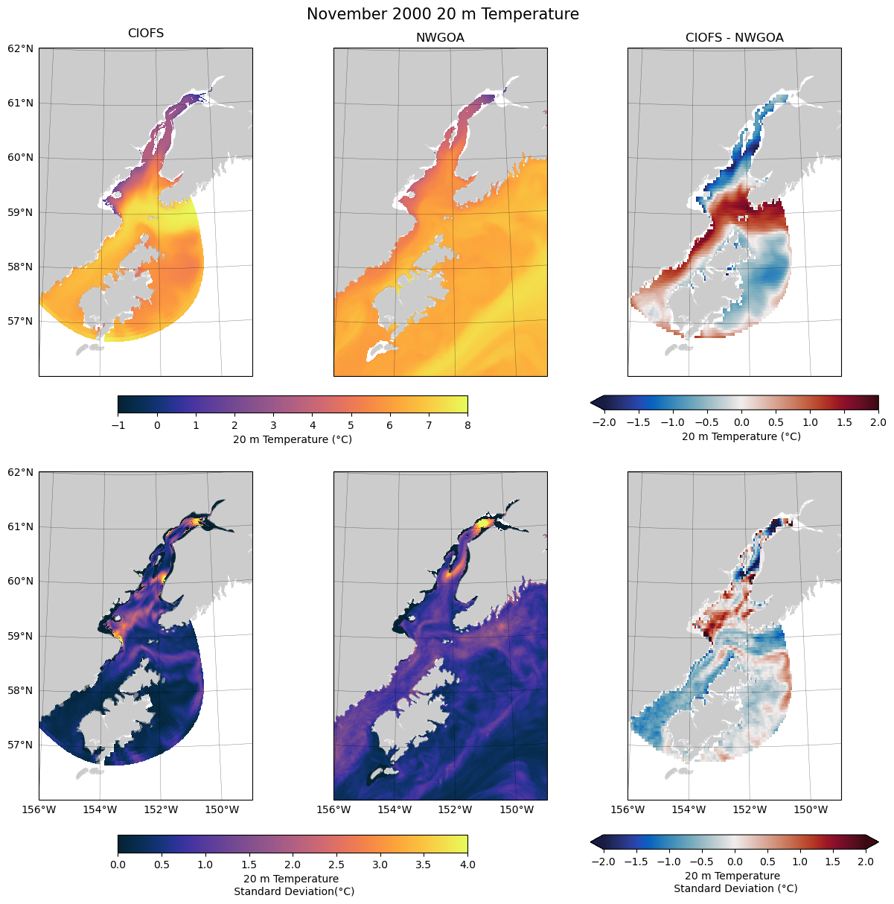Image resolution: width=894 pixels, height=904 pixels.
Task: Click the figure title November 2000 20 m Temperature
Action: pyautogui.click(x=443, y=14)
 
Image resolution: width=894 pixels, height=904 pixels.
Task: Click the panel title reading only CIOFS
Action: pyautogui.click(x=146, y=34)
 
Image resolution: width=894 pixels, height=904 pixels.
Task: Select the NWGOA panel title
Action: pyautogui.click(x=440, y=38)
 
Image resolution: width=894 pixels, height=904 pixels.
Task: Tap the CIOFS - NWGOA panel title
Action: pyautogui.click(x=734, y=38)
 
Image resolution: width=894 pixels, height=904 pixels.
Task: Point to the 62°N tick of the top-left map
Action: pyautogui.click(x=21, y=48)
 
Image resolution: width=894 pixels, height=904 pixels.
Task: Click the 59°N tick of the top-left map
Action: pyautogui.click(x=21, y=212)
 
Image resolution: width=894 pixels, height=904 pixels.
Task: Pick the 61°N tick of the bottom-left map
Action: pyautogui.click(x=21, y=526)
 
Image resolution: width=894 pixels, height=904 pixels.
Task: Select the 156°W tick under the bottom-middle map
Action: pyautogui.click(x=334, y=809)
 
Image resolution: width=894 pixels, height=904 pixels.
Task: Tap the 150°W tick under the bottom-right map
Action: pyautogui.click(x=811, y=809)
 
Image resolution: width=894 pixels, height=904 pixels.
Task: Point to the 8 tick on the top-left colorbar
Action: pyautogui.click(x=467, y=425)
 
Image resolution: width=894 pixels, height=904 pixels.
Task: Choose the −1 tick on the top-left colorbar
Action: pyautogui.click(x=118, y=425)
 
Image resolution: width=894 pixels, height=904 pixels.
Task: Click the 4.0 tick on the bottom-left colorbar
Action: pyautogui.click(x=467, y=865)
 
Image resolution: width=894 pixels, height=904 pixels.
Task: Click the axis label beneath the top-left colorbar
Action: pyautogui.click(x=293, y=439)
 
